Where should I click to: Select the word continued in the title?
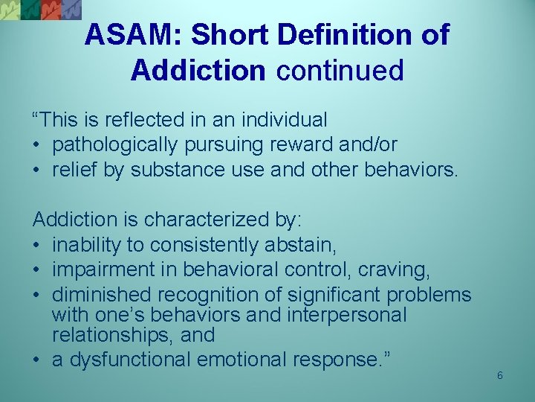(340, 70)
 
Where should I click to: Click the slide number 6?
(500, 375)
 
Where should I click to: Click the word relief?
(77, 169)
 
